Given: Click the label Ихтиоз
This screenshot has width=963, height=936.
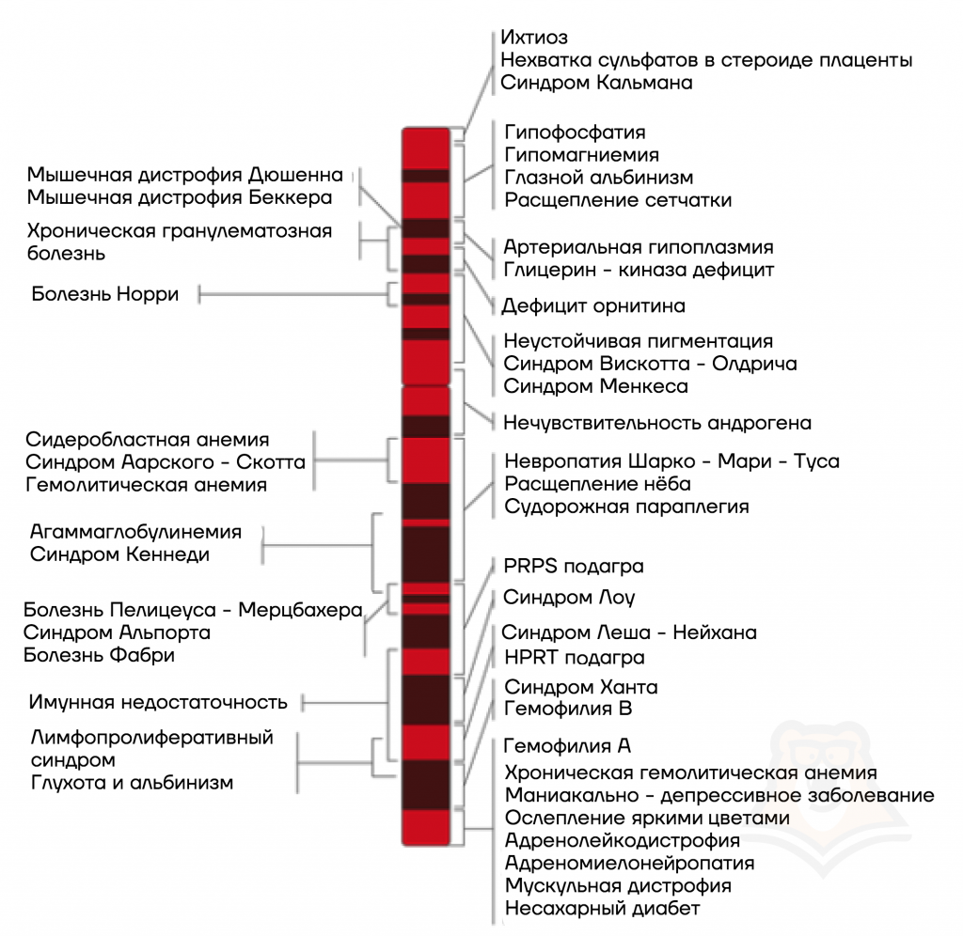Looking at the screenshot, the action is (534, 38).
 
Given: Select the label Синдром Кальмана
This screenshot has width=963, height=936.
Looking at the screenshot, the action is (596, 83).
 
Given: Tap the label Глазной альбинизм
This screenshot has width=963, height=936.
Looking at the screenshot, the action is (599, 178).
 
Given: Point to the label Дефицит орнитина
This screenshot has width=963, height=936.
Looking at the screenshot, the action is (593, 305).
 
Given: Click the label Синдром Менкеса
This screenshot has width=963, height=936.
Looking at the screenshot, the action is (595, 386).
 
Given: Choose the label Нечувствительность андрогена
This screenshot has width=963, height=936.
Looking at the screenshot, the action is (657, 423).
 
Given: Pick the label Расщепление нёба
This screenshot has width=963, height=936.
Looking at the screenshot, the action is (597, 484).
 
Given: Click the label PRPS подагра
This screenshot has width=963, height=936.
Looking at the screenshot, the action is (574, 567).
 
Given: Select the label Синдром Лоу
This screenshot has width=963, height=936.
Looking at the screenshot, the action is (569, 597).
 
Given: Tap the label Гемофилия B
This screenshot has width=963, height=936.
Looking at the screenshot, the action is (568, 709).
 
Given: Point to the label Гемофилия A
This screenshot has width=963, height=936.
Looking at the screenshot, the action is (567, 746).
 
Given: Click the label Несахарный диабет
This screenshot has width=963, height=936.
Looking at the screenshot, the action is (603, 909).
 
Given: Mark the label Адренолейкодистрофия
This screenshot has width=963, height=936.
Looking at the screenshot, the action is (623, 840).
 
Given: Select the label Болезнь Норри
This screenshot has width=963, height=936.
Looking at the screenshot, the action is (105, 294).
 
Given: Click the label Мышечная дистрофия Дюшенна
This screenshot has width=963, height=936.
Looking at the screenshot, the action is (185, 175).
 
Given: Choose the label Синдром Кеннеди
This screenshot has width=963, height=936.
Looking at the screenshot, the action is (119, 554).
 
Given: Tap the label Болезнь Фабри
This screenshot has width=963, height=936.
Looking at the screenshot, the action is (99, 655).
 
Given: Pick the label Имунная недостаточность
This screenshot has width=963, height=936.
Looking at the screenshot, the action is (158, 702).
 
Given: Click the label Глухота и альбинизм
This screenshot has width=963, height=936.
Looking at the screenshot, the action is (132, 783).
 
